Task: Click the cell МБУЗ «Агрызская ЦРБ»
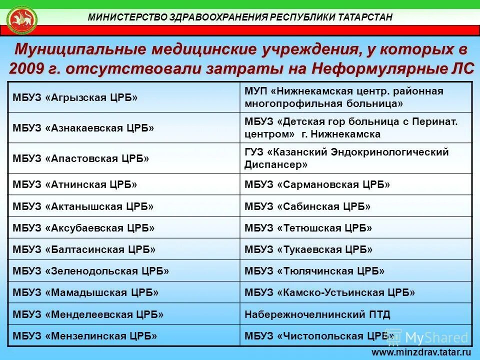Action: point(75,97)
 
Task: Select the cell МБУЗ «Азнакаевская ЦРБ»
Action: point(83,128)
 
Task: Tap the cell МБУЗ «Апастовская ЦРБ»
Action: point(81,158)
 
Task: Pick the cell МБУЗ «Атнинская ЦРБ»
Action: point(74,184)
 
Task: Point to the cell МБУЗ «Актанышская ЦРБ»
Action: point(83,206)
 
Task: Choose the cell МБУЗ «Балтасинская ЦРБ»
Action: point(84,249)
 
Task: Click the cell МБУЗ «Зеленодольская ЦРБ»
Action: point(90,271)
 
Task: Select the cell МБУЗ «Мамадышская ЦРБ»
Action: point(85,292)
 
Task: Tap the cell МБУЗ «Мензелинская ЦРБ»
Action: point(85,335)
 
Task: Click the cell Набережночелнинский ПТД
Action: point(317,314)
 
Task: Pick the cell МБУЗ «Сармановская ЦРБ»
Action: point(317,184)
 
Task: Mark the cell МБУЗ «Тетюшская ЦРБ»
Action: point(308,228)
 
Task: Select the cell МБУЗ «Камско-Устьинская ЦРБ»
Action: point(329,292)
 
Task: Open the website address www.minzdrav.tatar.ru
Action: point(422,352)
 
